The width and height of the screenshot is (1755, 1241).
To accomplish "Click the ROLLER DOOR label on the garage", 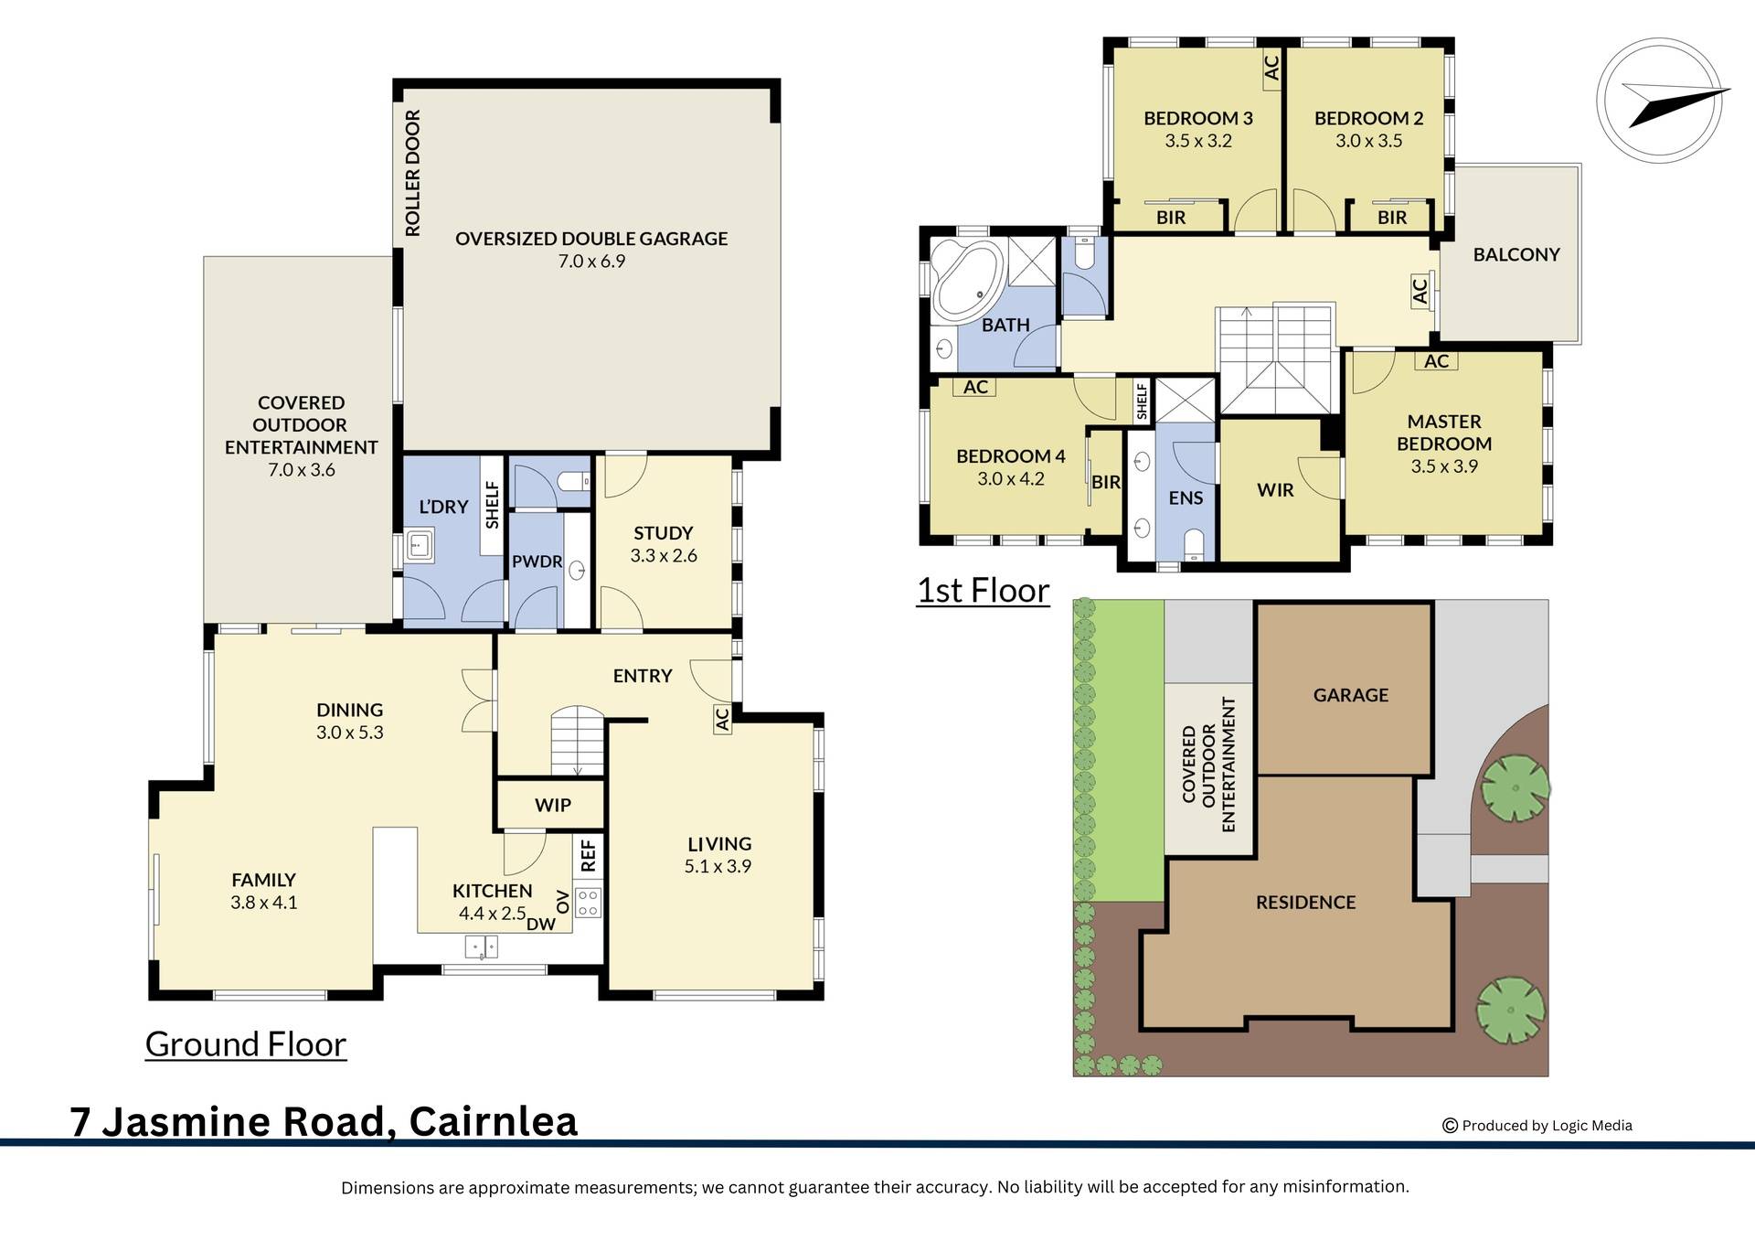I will point(412,173).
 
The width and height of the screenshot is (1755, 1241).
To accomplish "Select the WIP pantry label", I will point(552,805).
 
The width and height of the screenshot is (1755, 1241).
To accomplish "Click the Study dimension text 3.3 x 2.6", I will point(663,555).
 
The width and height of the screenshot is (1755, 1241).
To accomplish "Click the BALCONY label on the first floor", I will point(1516,254).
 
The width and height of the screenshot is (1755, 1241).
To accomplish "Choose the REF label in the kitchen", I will point(588,855).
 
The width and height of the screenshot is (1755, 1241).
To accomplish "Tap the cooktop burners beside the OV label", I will point(588,903).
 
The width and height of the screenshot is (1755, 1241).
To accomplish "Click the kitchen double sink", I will point(481,947).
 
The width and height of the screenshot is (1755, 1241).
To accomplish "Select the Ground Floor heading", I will point(245,1043).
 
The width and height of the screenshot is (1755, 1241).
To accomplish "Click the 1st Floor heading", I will point(983,590).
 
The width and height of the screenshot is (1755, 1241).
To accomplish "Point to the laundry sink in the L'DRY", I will point(420,547).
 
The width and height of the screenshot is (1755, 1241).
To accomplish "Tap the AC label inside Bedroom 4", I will point(975,387).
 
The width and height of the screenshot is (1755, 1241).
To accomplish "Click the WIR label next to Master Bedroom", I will point(1274,490).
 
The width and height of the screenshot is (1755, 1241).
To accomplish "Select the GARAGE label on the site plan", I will point(1350,695).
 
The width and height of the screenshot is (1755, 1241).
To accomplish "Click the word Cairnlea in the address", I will point(493,1121).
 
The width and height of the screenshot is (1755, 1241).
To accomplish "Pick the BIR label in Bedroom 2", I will point(1391,218).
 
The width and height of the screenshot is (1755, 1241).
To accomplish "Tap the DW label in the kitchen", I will point(540,924).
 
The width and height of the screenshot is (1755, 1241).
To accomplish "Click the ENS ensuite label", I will point(1186,497).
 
